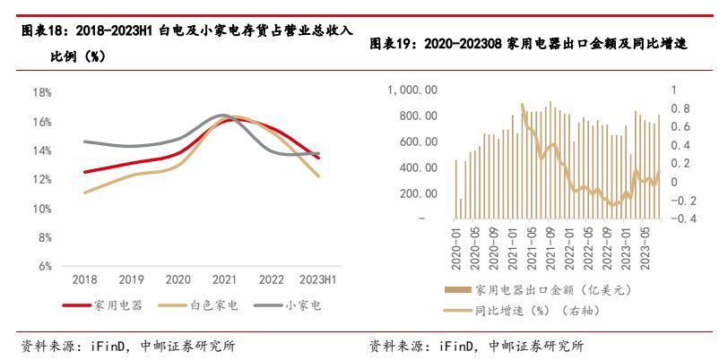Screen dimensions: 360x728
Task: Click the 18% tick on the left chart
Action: pyautogui.click(x=42, y=92)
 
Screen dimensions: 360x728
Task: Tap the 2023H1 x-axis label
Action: pyautogui.click(x=318, y=279)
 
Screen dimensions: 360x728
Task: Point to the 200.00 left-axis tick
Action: pyautogui.click(x=420, y=193)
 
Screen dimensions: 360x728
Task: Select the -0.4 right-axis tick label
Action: pyautogui.click(x=682, y=219)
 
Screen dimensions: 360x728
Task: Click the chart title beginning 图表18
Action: pyautogui.click(x=184, y=31)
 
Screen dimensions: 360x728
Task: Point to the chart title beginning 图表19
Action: pyautogui.click(x=529, y=44)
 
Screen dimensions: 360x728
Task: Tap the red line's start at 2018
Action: pyautogui.click(x=84, y=172)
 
